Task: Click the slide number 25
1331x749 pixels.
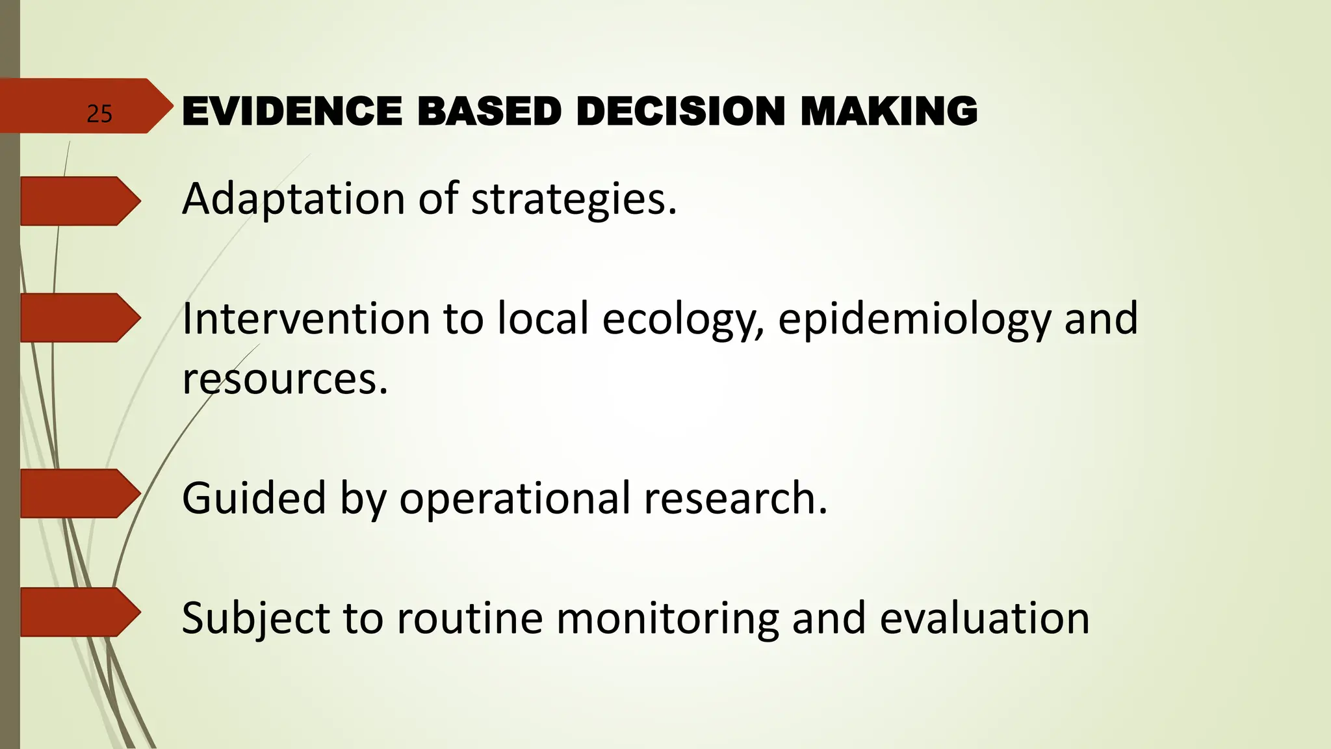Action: click(x=99, y=114)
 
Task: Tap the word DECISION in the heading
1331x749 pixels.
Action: click(x=680, y=111)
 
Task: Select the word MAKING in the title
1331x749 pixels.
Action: click(x=888, y=111)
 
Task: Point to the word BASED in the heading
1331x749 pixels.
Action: click(x=489, y=111)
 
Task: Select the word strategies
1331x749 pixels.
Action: click(x=573, y=199)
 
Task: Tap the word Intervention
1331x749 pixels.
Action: click(x=306, y=319)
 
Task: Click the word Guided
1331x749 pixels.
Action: click(x=253, y=498)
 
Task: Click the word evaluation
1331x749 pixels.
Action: click(x=984, y=618)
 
